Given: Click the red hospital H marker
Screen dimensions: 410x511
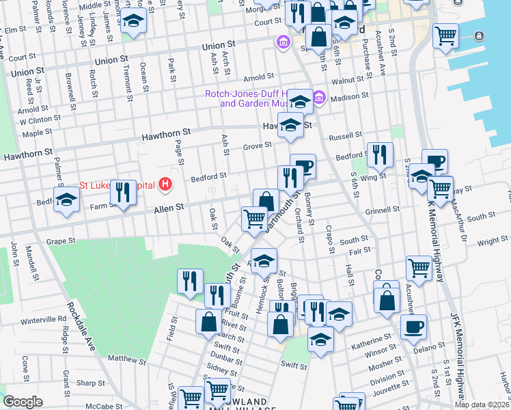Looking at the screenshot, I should pyautogui.click(x=164, y=184).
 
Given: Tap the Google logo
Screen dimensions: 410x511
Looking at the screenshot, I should pyautogui.click(x=23, y=402).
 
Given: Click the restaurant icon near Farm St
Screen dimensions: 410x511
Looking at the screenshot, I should pyautogui.click(x=123, y=192).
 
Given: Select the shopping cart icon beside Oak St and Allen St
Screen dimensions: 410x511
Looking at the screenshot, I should pyautogui.click(x=254, y=219).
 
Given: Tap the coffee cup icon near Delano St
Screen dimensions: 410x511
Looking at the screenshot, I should pyautogui.click(x=413, y=327).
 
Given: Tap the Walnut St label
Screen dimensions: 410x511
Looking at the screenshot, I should pyautogui.click(x=346, y=81).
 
